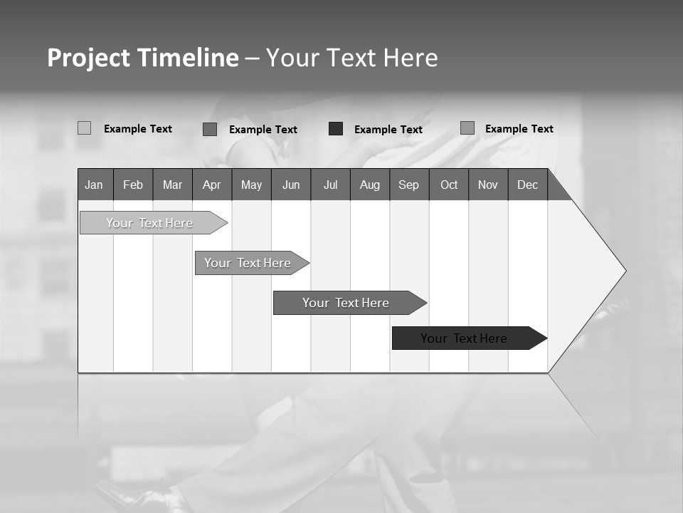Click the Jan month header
point(95,185)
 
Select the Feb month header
point(133,185)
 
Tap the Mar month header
point(172,185)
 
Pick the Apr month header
point(211,185)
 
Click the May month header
point(251,185)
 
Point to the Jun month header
point(291,185)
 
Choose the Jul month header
point(330,185)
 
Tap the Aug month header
point(370,185)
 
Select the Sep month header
point(409,185)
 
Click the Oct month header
point(449,185)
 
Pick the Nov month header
point(488,185)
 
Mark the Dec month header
point(528,185)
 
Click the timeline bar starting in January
point(149,223)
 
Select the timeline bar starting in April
point(248,263)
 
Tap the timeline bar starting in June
point(346,303)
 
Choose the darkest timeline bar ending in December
point(464,338)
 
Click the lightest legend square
point(85,128)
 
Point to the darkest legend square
point(336,129)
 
